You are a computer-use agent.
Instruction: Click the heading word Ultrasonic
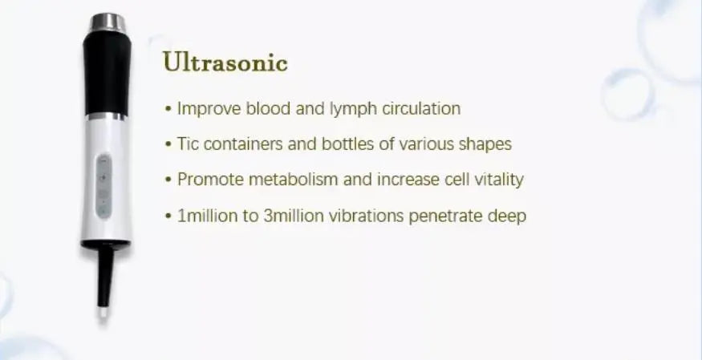pyautogui.click(x=225, y=62)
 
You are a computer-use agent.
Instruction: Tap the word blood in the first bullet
pyautogui.click(x=268, y=108)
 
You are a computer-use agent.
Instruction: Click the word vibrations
pyautogui.click(x=366, y=216)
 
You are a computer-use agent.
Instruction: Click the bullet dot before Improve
pyautogui.click(x=168, y=109)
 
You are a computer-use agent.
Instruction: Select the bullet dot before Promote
pyautogui.click(x=168, y=180)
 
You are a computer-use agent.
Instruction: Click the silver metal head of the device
pyautogui.click(x=108, y=22)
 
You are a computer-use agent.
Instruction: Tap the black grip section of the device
pyautogui.click(x=107, y=74)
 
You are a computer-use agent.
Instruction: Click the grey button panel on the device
pyautogui.click(x=103, y=187)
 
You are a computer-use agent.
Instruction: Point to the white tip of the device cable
pyautogui.click(x=103, y=312)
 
